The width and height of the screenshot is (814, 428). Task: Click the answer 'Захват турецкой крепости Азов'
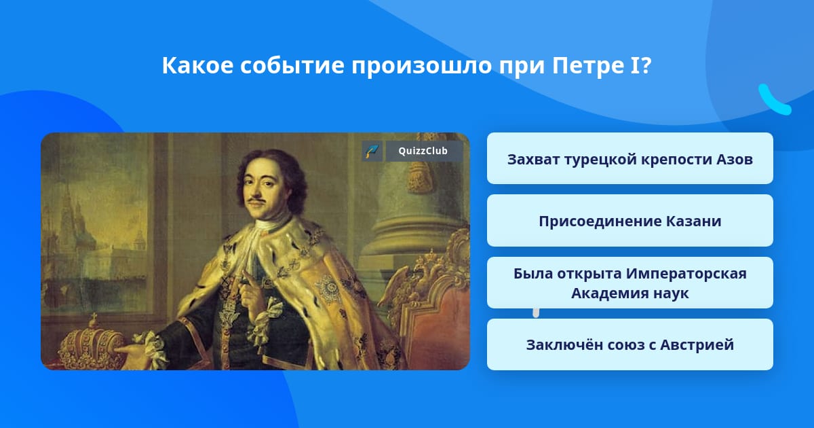(629, 158)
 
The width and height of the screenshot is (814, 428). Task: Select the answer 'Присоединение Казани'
(629, 221)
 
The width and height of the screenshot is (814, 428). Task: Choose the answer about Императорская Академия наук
(629, 283)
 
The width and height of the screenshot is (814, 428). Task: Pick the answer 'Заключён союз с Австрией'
(629, 344)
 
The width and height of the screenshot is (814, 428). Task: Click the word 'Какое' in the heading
(197, 65)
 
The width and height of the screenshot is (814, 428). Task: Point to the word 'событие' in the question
(292, 65)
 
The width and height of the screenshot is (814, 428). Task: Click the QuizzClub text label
(423, 151)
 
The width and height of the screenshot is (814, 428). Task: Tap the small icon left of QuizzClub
(372, 151)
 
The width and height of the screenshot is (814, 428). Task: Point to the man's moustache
(256, 200)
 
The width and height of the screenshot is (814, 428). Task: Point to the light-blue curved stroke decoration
(774, 99)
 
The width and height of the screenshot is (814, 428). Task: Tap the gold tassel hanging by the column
(419, 175)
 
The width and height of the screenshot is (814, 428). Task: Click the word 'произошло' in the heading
(421, 65)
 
